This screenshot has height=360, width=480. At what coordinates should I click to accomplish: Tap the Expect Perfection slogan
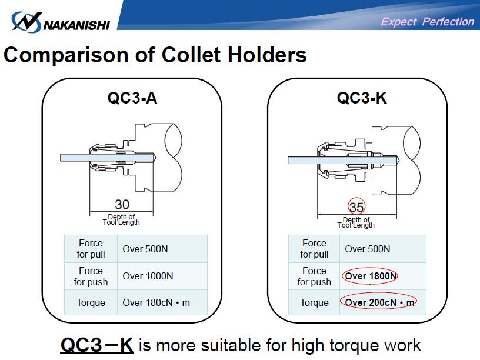click(427, 22)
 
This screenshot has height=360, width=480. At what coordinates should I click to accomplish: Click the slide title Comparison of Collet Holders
click(155, 55)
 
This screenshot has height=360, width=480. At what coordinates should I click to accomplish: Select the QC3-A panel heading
click(132, 98)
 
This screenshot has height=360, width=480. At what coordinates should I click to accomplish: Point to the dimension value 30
click(122, 204)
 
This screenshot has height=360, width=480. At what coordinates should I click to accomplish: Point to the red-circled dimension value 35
click(356, 206)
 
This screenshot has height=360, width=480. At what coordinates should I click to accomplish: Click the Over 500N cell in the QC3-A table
click(145, 249)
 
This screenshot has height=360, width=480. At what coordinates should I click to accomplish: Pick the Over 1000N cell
click(148, 276)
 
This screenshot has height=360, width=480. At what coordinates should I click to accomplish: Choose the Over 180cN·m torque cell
click(156, 303)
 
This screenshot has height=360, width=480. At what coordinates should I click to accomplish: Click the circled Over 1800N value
click(371, 276)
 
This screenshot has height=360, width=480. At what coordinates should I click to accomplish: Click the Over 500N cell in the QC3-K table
click(368, 249)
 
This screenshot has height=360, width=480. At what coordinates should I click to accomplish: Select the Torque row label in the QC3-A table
click(91, 303)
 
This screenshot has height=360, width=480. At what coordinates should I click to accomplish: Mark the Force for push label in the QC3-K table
click(314, 276)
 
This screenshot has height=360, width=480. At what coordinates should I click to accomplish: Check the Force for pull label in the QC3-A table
click(91, 249)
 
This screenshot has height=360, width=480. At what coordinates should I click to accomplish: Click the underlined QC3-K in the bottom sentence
click(97, 344)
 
